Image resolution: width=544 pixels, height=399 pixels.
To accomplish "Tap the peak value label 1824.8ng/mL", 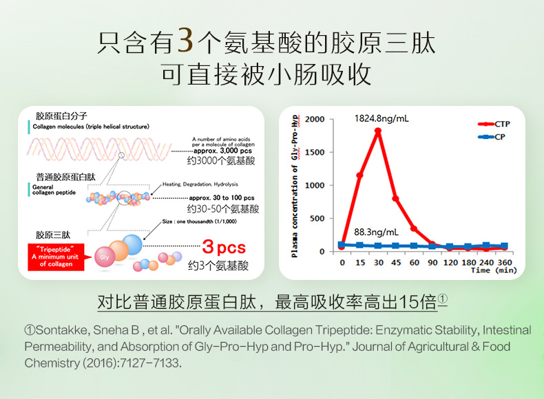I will point(381,118).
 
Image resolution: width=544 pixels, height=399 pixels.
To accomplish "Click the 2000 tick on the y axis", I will point(315,119).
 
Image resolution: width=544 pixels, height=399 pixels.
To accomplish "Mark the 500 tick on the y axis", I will point(317,219).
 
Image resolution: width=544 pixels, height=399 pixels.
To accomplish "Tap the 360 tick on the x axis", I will point(505,262).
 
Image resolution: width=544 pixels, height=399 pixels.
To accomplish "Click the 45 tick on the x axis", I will point(396,262).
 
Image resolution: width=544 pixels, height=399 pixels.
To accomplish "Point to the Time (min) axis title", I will point(494,270).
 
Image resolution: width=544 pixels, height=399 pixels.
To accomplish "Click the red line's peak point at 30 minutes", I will point(378,130).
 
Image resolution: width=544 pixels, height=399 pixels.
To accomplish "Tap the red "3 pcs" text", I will point(224,248).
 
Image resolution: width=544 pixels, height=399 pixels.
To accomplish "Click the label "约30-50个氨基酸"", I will point(222,208).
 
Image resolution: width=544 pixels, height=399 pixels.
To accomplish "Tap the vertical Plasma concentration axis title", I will point(295,186).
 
